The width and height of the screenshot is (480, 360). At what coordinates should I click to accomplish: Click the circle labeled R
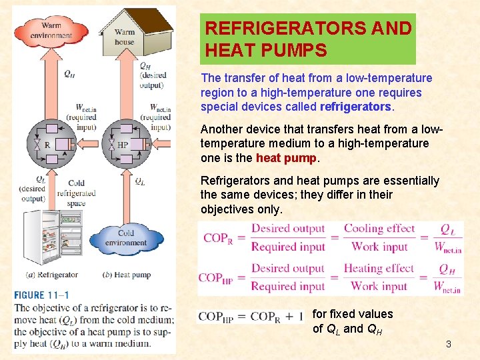[47, 144]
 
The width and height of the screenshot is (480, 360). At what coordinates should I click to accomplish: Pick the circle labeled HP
[121, 144]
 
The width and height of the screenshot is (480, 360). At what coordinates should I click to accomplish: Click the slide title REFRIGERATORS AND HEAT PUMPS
[308, 39]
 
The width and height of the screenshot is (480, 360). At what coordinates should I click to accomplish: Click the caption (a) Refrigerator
[52, 275]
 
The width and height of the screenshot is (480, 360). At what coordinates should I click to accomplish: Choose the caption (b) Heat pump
[127, 275]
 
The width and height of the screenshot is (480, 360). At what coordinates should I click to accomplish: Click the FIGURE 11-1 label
[41, 295]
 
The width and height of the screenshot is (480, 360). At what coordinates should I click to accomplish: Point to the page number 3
[449, 344]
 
